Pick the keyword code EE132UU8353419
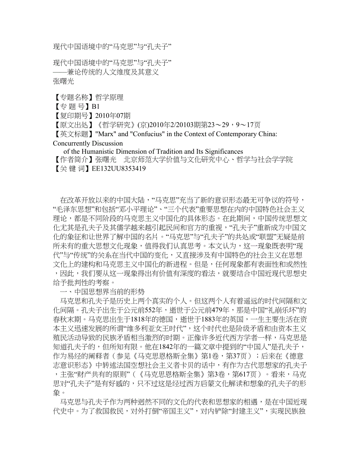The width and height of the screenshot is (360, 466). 119,169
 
